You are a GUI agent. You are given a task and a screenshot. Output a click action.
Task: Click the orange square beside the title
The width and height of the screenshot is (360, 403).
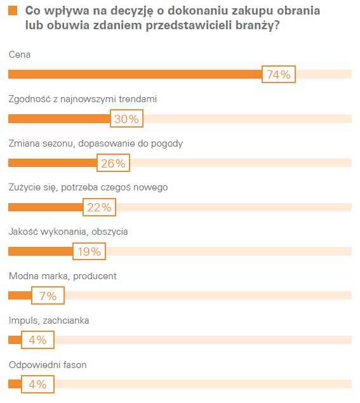click(x=13, y=11)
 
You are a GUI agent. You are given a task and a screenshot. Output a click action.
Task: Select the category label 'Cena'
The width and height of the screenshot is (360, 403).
click(x=20, y=55)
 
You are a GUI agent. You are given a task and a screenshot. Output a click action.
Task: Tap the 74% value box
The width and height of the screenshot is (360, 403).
click(x=278, y=75)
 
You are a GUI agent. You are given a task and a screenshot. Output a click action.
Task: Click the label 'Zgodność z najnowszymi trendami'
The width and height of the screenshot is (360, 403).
click(x=83, y=99)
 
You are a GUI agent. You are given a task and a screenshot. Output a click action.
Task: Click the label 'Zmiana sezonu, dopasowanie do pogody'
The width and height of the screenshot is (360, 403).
click(x=96, y=143)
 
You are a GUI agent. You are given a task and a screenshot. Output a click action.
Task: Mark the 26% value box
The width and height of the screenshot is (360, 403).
click(x=113, y=163)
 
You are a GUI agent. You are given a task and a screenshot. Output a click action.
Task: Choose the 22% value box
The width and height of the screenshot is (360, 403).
click(x=99, y=208)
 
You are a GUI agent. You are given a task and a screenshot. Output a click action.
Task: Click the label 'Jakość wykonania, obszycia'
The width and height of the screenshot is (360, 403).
click(x=68, y=232)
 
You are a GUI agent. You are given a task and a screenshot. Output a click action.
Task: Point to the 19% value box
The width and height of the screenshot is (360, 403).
click(x=89, y=251)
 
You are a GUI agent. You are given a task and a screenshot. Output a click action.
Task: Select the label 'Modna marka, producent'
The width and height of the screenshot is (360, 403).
click(x=63, y=276)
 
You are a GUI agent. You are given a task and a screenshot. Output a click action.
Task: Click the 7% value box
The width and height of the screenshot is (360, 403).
click(x=48, y=296)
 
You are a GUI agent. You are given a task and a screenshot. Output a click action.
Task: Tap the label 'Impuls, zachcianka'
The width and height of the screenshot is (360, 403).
click(x=49, y=320)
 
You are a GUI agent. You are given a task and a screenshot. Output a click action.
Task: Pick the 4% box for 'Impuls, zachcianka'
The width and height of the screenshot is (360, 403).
click(x=37, y=340)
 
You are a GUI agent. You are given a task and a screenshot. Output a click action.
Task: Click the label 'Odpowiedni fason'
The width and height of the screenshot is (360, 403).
click(x=48, y=365)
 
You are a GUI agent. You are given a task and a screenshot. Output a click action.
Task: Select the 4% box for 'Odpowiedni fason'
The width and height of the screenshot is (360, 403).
click(x=37, y=385)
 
